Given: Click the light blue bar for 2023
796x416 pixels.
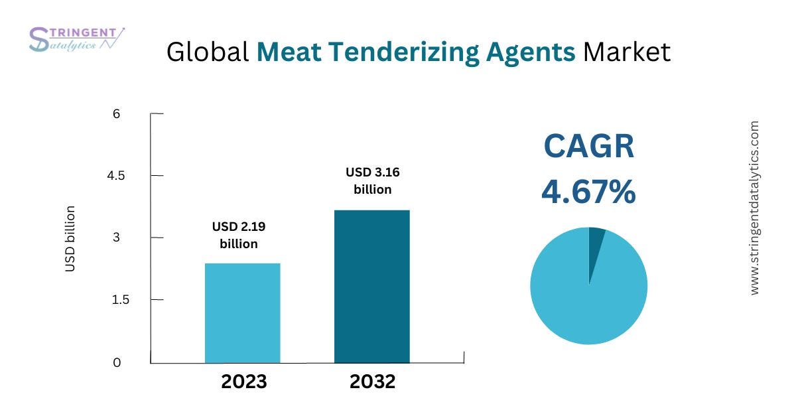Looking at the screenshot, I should (242, 312).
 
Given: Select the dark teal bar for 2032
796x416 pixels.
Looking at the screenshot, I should (371, 286).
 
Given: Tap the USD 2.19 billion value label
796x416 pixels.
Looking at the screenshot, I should (239, 235).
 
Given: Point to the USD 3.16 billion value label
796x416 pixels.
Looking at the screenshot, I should (372, 180).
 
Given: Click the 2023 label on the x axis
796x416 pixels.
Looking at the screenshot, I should (243, 381).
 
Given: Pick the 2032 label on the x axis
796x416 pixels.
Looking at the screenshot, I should (373, 381).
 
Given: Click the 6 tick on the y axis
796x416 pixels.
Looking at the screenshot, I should (117, 113).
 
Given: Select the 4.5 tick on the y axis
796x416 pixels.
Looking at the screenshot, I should (117, 176).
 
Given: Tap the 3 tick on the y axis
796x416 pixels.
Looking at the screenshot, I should (117, 238).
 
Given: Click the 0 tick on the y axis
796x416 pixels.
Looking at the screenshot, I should (117, 362).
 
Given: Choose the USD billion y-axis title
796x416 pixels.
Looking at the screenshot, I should (70, 239).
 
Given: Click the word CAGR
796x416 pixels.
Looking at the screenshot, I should (588, 147).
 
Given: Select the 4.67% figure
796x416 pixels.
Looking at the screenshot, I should (588, 192).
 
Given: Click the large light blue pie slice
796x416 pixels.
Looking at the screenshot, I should (584, 299).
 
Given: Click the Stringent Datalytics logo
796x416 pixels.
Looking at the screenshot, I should (76, 39).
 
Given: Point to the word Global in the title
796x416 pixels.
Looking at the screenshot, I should (208, 52).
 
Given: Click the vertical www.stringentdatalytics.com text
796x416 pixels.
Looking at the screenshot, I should (754, 208).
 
